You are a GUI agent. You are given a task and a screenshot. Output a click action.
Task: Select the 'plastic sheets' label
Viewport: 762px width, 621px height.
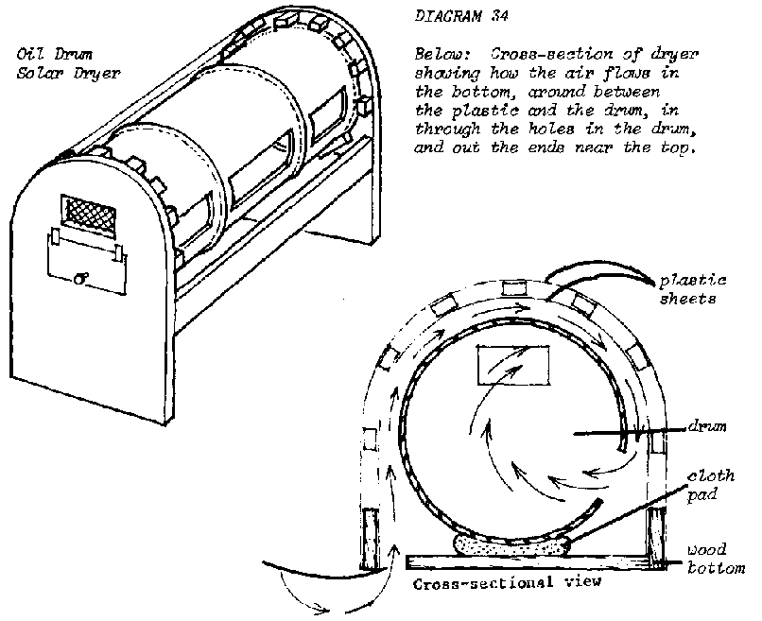tap(693, 289)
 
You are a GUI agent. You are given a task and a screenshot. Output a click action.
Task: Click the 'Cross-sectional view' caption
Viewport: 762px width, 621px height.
tap(508, 584)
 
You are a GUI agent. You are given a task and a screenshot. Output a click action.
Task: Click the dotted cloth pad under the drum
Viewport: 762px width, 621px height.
tap(506, 544)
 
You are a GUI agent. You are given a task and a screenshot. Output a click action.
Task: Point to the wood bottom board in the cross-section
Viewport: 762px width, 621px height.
tap(529, 562)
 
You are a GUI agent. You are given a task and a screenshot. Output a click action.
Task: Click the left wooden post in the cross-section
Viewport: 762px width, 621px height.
tap(372, 539)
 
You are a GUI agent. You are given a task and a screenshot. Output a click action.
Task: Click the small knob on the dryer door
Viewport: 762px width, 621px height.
tap(84, 279)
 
